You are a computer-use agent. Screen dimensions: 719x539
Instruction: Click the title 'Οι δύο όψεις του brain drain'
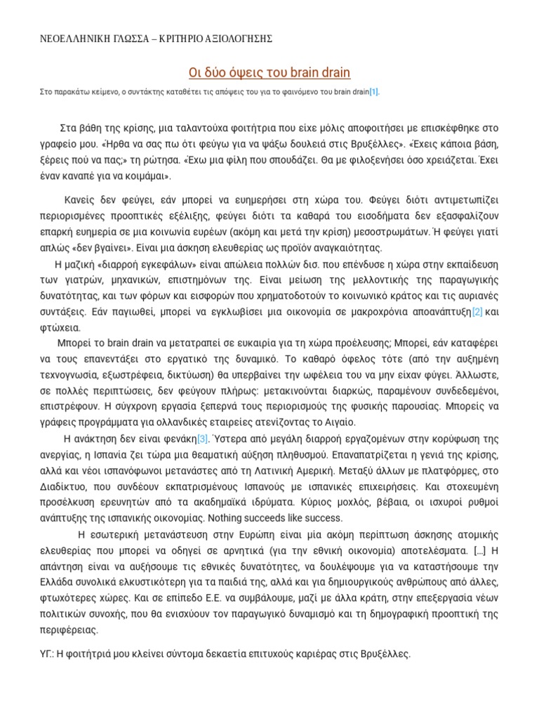pyautogui.click(x=269, y=73)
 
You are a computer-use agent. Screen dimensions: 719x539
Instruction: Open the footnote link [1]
pyautogui.click(x=374, y=92)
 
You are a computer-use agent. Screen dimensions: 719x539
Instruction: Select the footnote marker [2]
pyautogui.click(x=477, y=311)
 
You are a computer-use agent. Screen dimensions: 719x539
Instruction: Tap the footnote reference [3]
pyautogui.click(x=202, y=439)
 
